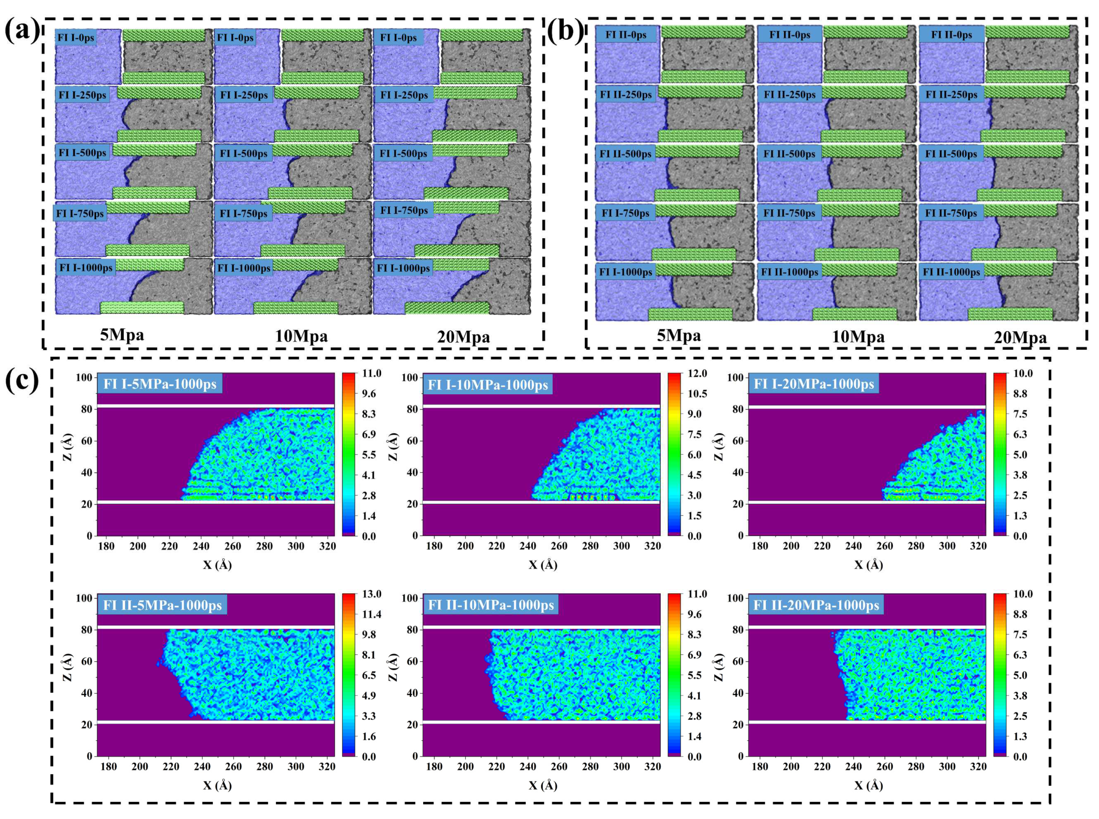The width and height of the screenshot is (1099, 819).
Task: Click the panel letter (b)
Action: pos(565,31)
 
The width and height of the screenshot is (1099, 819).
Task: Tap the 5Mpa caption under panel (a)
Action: pos(122,335)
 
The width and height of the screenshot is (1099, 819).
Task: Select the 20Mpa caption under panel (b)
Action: pos(1020,337)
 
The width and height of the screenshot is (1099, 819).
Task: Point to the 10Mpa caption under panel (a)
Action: pos(301,336)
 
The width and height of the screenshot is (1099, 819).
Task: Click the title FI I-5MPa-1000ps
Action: pos(160,384)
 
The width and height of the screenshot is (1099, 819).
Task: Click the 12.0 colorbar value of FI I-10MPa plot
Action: pos(697,373)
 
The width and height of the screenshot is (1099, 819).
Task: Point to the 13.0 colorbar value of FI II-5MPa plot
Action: pos(371,594)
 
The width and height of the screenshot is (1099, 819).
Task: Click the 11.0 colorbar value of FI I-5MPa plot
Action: pos(371,373)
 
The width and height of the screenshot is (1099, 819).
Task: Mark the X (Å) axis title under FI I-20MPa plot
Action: pos(868,565)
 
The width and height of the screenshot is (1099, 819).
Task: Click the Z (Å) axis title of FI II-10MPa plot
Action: pos(393,667)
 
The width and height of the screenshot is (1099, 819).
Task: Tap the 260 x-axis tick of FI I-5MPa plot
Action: pos(232,546)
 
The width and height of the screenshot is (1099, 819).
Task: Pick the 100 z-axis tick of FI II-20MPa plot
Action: pos(735,598)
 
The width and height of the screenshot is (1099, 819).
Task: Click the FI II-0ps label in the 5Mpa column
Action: pos(626,35)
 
